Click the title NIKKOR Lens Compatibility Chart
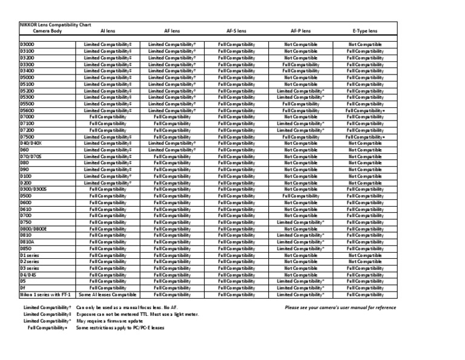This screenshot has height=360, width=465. point(56,24)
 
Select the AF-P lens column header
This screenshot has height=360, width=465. point(300,30)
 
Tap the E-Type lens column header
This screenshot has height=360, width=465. point(364,30)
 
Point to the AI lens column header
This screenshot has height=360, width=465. point(107,30)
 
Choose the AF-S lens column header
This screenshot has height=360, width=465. point(236,30)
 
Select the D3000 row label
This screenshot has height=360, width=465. point(27,45)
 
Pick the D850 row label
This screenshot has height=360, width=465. point(26,248)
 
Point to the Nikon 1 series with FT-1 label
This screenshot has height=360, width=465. point(45,295)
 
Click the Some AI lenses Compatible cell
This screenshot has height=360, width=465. point(107,295)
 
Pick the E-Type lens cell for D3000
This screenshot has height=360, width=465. point(364,45)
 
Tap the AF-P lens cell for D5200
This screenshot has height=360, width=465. point(300,91)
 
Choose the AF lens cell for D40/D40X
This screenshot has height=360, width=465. point(172,144)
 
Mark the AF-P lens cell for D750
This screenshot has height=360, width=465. point(300,222)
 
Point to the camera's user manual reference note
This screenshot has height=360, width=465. point(340,307)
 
